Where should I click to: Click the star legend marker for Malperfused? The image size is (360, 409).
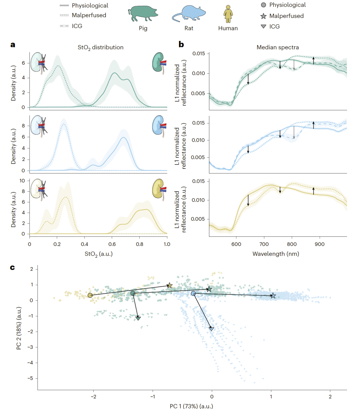263,16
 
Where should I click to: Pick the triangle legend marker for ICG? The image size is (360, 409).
263,27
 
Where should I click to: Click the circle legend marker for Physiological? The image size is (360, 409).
263,5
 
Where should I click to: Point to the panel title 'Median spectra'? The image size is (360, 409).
278,47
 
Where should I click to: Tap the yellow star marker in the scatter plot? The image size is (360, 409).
169,285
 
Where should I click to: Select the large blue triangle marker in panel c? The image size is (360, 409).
211,329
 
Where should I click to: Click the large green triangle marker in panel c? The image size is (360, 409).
138,318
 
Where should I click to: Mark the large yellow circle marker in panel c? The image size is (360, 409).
90,295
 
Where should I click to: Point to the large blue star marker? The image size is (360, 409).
273,296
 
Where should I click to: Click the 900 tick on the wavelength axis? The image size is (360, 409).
320,244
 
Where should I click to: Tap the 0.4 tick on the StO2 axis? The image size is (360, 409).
85,244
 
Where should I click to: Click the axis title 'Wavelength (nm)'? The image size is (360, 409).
276,254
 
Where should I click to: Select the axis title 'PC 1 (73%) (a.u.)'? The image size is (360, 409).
191,406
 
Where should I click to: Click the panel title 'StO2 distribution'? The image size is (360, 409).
100,47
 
